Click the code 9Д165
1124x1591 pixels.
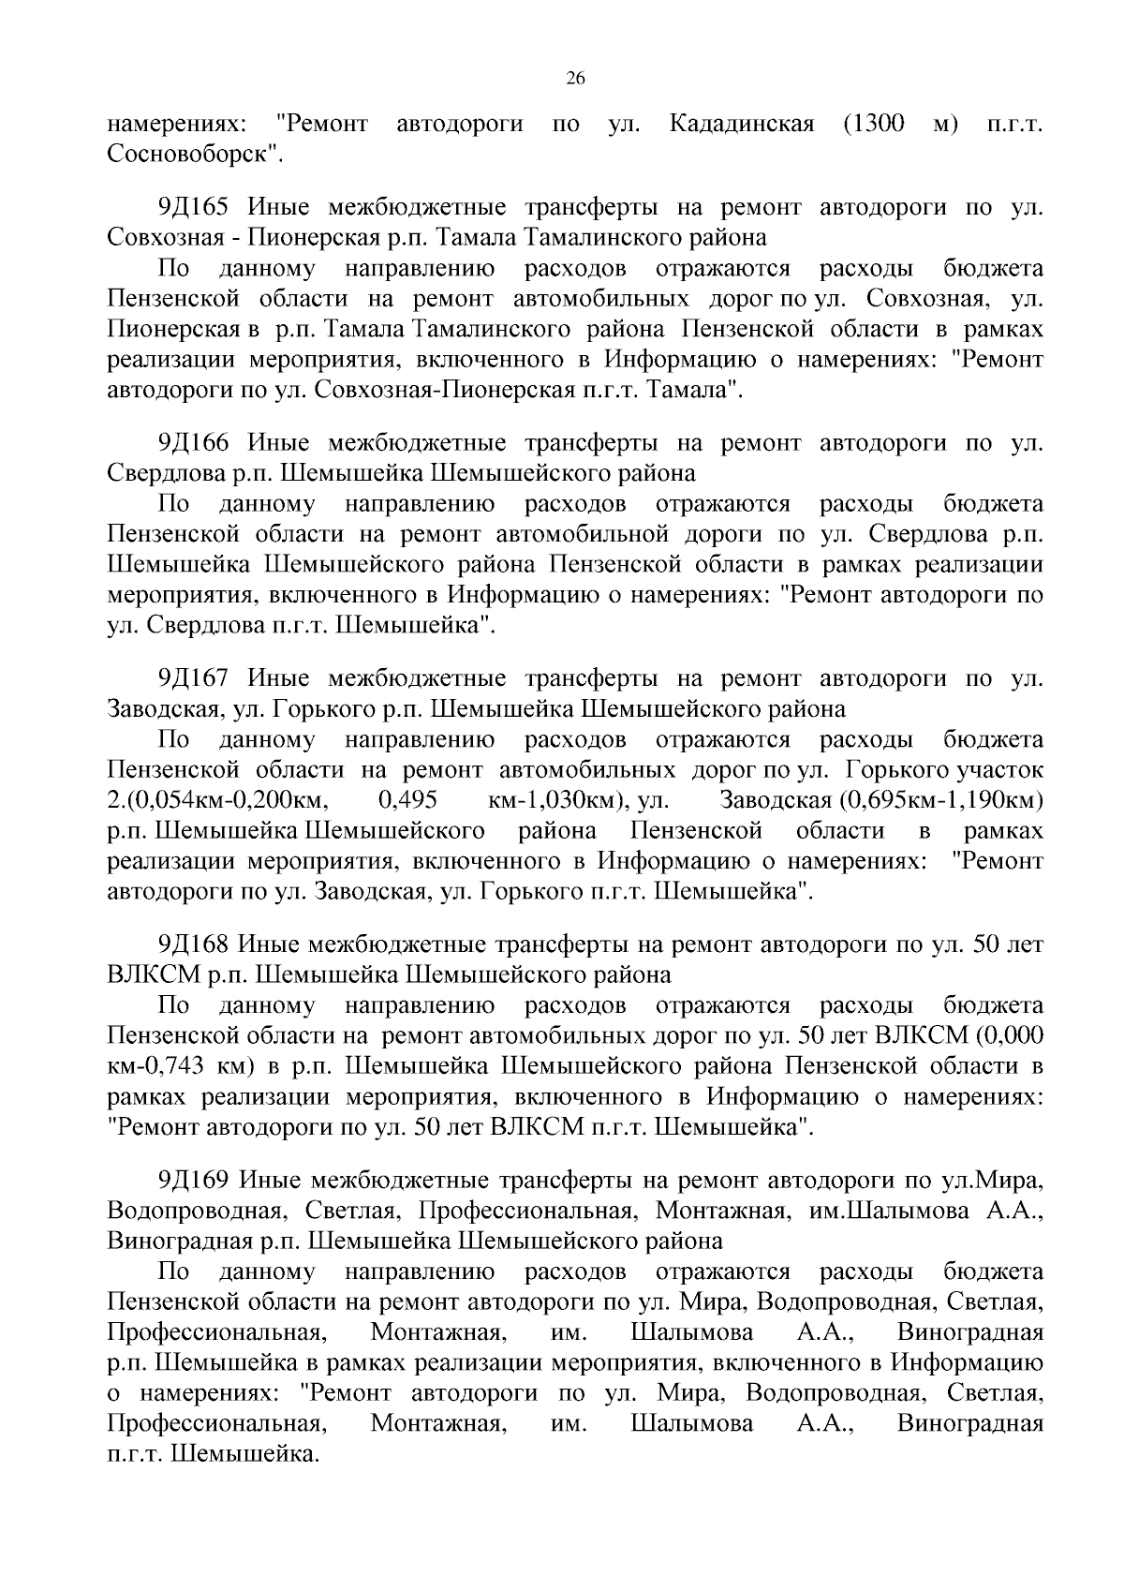click(194, 207)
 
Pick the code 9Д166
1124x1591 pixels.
click(194, 442)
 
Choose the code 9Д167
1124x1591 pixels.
click(194, 678)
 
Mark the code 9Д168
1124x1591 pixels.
click(194, 944)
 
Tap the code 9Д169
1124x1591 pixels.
click(194, 1181)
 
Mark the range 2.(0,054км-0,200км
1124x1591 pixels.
click(216, 801)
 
